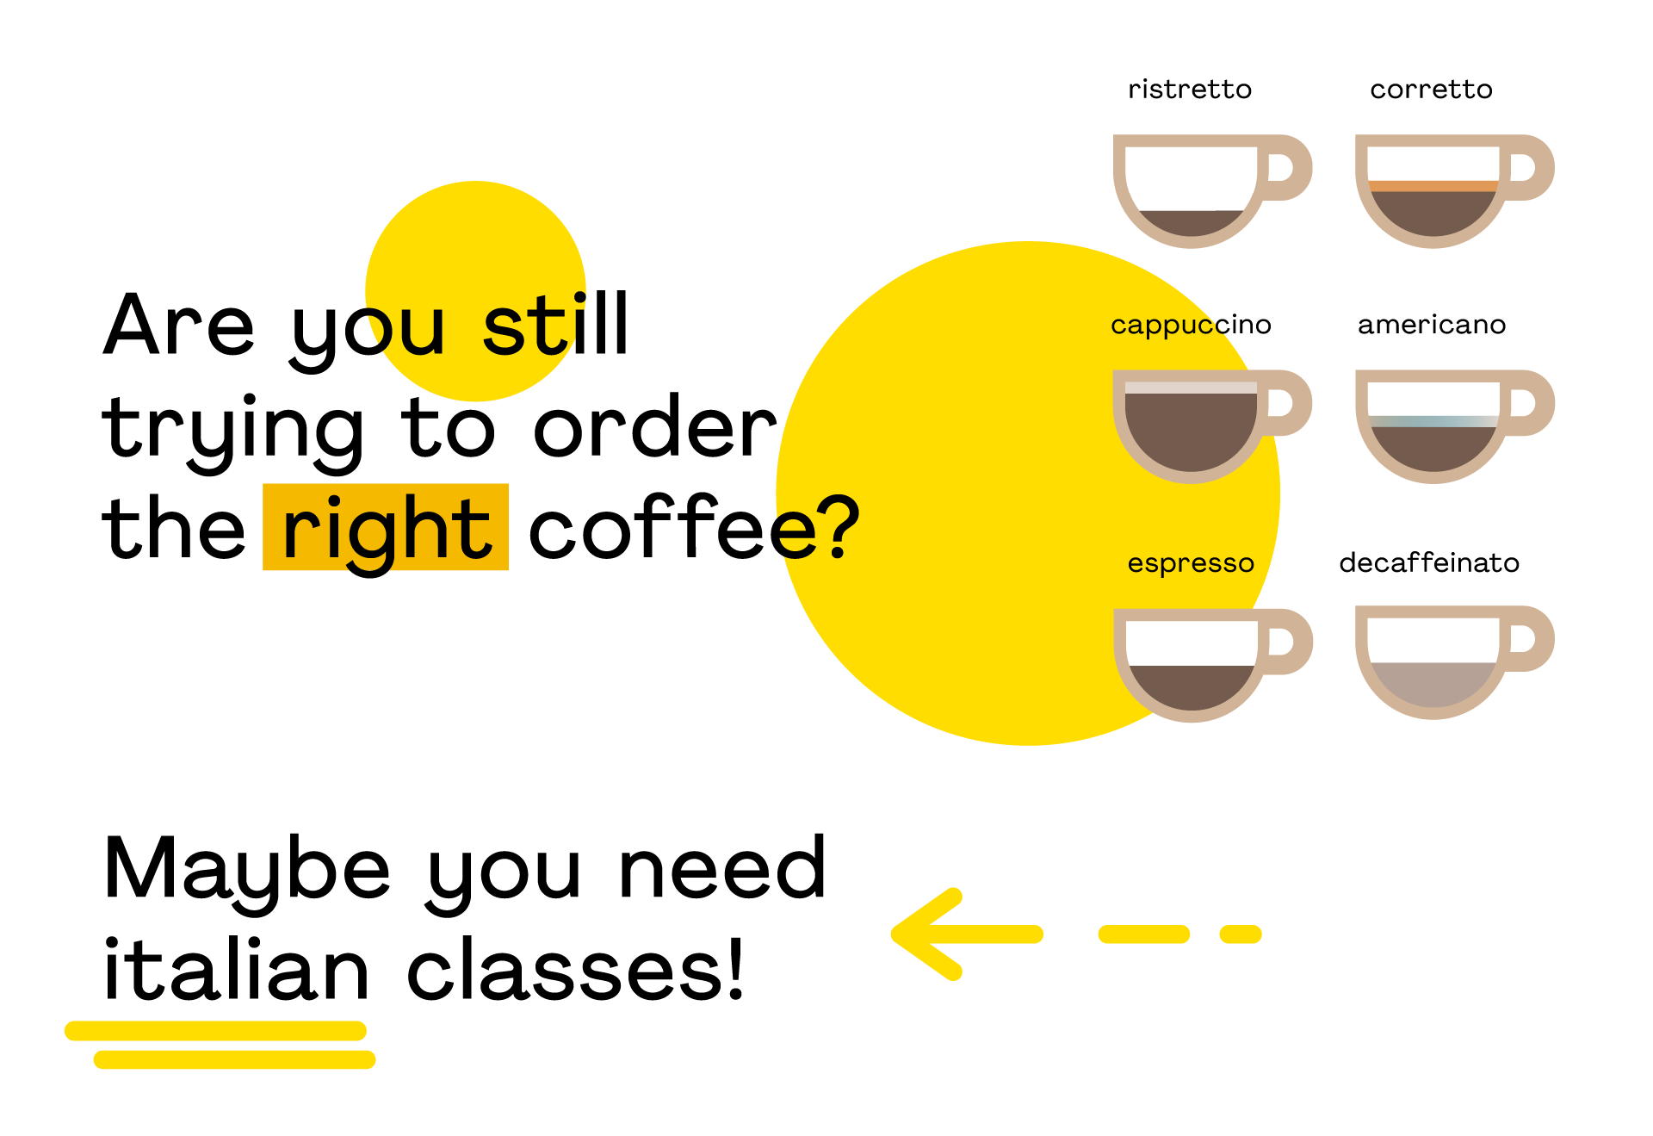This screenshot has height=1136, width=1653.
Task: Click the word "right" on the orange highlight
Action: click(386, 528)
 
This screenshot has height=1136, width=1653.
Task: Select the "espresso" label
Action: click(1191, 563)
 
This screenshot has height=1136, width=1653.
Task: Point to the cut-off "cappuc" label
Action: click(1167, 326)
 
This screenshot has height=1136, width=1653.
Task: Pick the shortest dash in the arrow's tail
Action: click(1241, 934)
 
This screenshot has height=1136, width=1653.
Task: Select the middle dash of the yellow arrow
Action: click(1143, 934)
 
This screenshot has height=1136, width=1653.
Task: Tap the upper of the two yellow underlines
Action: click(215, 1030)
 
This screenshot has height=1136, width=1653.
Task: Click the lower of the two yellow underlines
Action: click(234, 1059)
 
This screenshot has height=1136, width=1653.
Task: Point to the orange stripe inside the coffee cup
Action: click(1433, 186)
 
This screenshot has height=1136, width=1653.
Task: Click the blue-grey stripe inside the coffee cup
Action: click(1433, 421)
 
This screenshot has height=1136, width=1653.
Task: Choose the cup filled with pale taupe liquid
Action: click(1433, 680)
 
